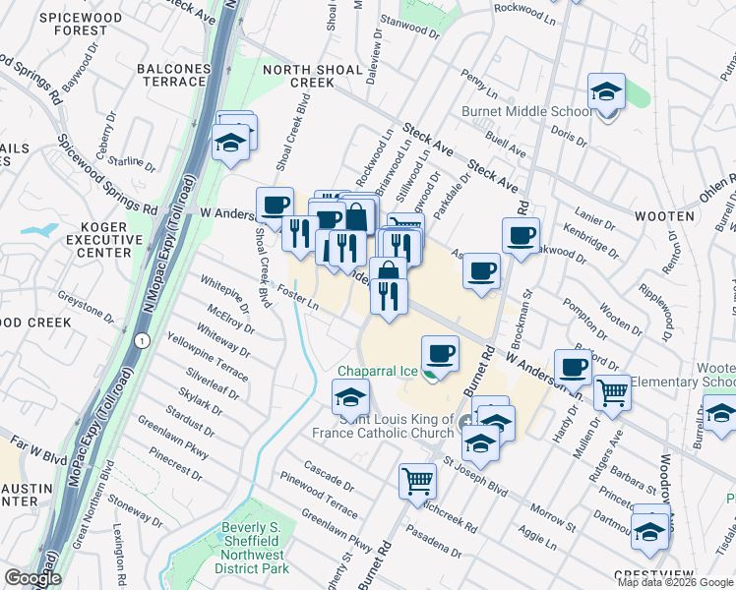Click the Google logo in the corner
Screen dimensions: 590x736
(32, 578)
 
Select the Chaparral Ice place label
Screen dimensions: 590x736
(379, 372)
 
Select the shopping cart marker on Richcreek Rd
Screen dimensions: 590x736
(417, 482)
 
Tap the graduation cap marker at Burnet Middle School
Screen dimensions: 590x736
(607, 92)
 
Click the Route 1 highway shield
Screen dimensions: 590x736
(143, 340)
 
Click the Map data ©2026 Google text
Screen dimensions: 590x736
(674, 582)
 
